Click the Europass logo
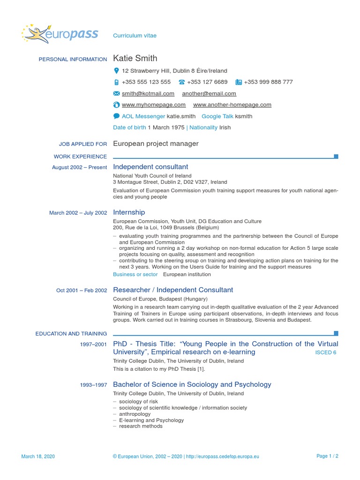click(60, 34)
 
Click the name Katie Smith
click(135, 59)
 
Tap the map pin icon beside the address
click(116, 71)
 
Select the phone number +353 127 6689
click(207, 82)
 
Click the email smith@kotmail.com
click(148, 94)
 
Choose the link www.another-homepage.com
click(232, 105)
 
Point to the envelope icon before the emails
click(116, 94)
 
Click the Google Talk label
click(217, 116)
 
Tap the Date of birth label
click(129, 127)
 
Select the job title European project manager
click(156, 144)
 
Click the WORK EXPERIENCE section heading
click(80, 157)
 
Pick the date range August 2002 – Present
click(79, 167)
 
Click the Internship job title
click(129, 212)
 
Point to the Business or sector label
click(135, 274)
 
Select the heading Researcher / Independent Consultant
click(173, 290)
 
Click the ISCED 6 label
click(325, 352)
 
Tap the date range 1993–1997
click(93, 385)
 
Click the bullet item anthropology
click(135, 414)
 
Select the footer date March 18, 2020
click(38, 456)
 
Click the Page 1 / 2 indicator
click(327, 456)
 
